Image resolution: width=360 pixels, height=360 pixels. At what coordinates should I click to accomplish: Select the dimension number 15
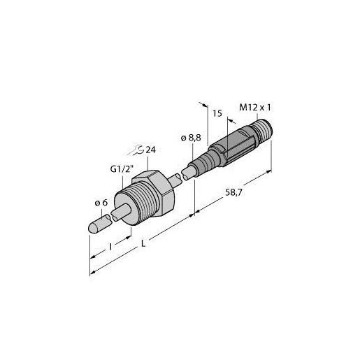coord(217,112)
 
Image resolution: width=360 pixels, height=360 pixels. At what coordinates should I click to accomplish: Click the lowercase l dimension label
coord(110,246)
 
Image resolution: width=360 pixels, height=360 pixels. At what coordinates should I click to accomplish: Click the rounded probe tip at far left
coord(96,226)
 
